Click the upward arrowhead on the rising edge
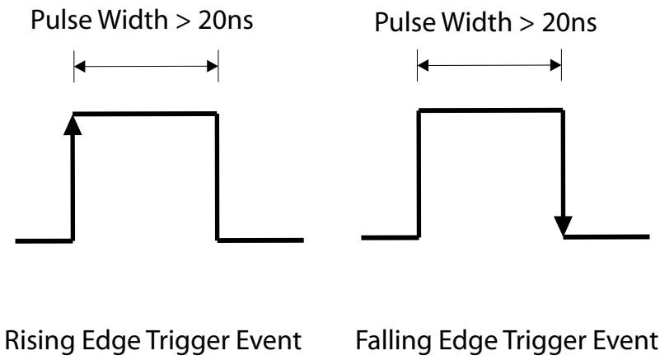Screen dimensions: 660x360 click(73, 125)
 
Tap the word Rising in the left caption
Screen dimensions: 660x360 click(40, 341)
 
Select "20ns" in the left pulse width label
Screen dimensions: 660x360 click(226, 20)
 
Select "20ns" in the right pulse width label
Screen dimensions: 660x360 click(569, 22)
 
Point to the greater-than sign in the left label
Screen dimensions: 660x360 click(183, 21)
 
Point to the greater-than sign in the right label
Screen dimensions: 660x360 click(527, 24)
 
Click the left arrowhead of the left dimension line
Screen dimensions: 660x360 click(80, 66)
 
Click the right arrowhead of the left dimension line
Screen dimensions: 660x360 click(213, 66)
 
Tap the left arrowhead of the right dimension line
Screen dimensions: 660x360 click(423, 65)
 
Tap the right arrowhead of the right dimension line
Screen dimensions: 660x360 click(555, 65)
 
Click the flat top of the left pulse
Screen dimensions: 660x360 click(145, 114)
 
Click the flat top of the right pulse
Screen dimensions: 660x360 click(491, 110)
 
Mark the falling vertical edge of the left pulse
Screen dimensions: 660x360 click(218, 177)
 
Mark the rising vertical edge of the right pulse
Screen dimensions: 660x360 click(419, 174)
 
